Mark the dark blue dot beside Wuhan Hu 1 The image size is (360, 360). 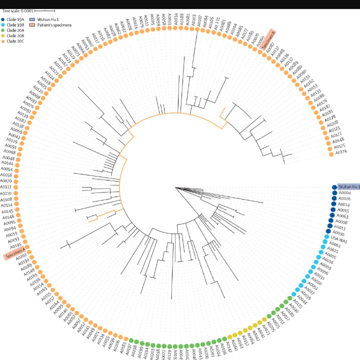pos(334,187)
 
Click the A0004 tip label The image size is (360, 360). pos(344,193)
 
